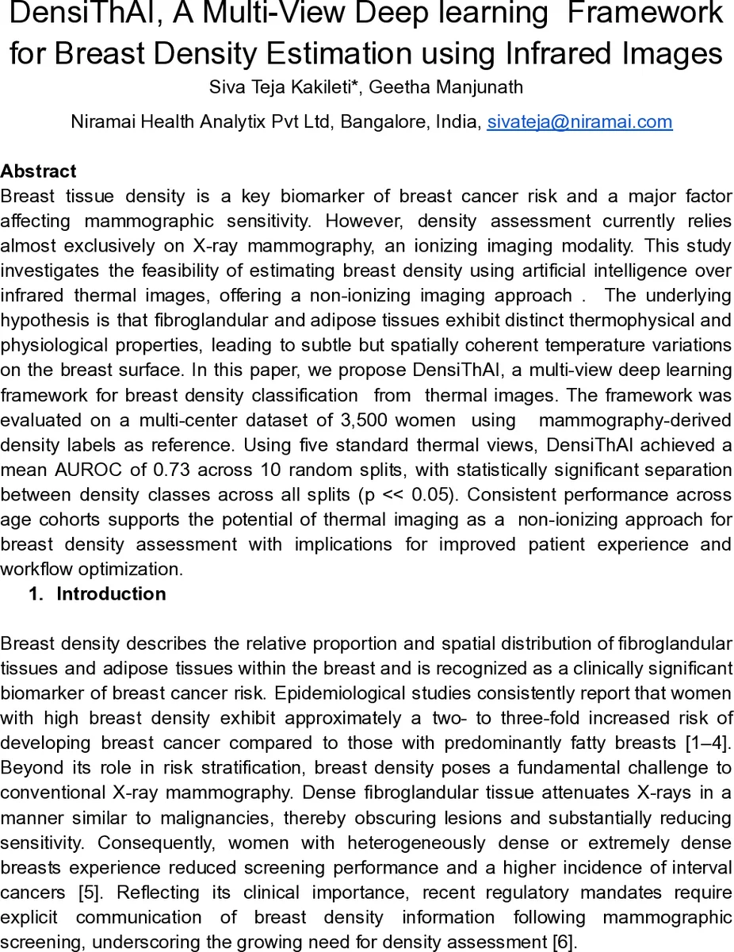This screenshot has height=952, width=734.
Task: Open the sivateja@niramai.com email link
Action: [x=579, y=122]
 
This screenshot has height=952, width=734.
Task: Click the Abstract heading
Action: [x=39, y=171]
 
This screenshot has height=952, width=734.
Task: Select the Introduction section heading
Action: [x=111, y=594]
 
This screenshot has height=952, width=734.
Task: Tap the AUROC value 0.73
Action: [x=148, y=470]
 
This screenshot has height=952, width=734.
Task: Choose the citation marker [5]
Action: [x=89, y=892]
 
